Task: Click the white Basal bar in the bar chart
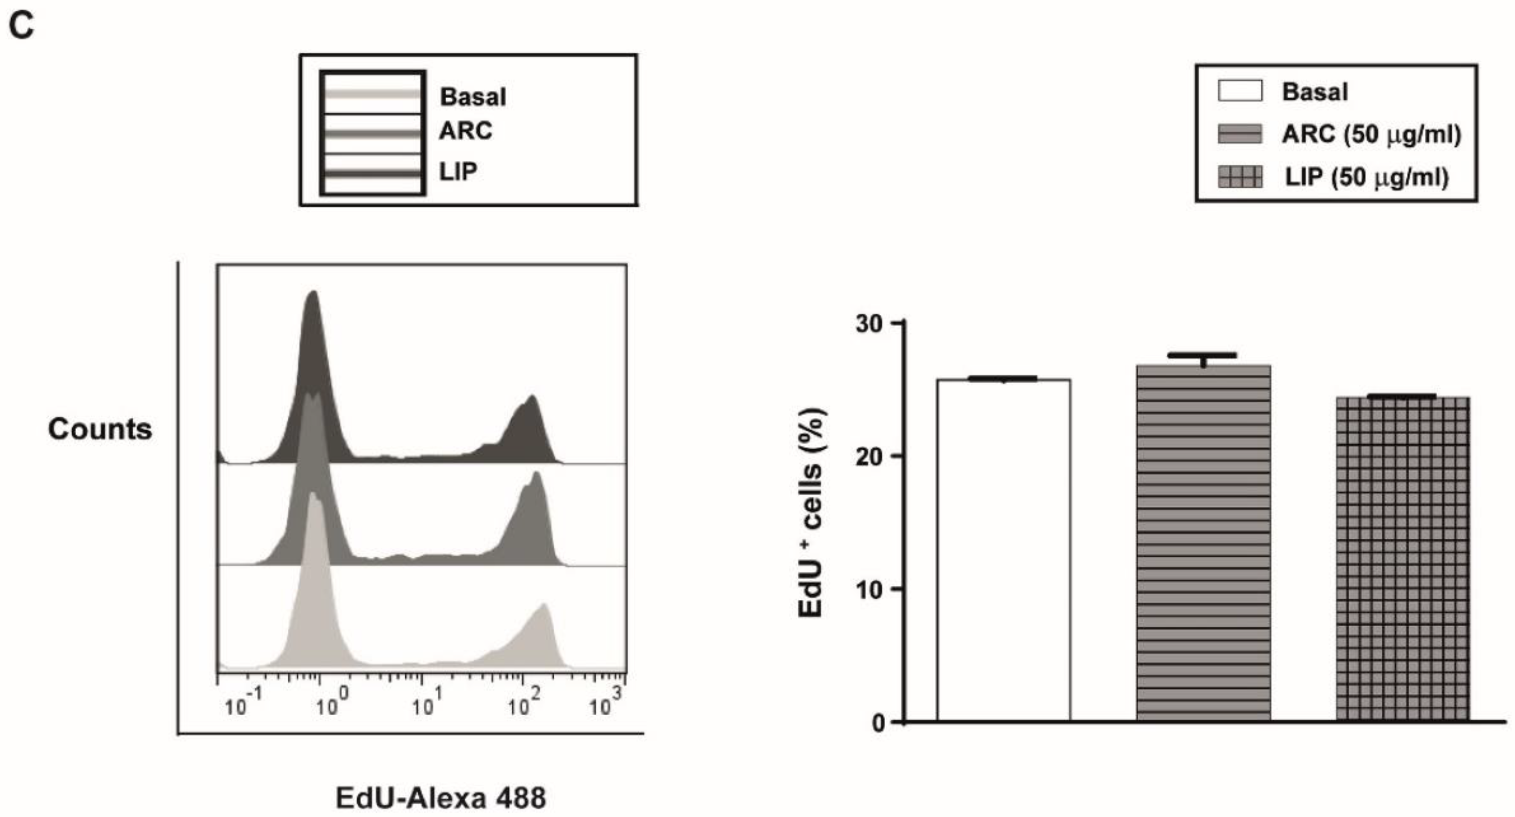tap(1003, 550)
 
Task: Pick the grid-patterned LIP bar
tap(1403, 559)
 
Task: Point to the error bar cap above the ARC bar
tap(1203, 355)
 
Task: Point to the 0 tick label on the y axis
tap(878, 722)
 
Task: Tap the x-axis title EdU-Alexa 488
tap(441, 798)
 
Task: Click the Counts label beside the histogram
tap(100, 429)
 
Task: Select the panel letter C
tap(21, 26)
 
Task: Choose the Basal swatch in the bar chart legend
tap(1240, 91)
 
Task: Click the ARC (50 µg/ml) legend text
tap(1371, 135)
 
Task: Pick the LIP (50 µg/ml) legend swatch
tap(1240, 177)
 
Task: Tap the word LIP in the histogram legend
tap(458, 172)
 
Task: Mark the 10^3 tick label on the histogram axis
tap(605, 704)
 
